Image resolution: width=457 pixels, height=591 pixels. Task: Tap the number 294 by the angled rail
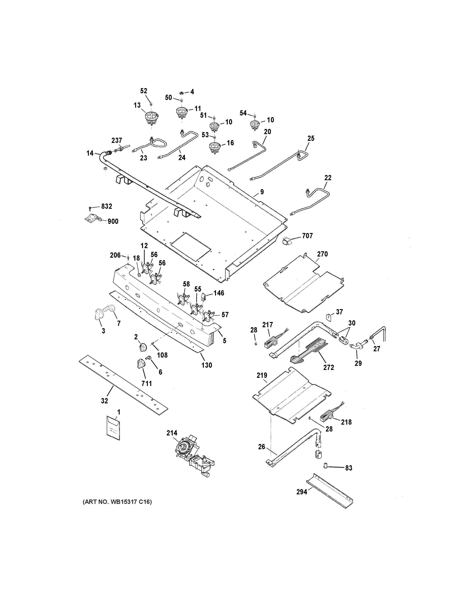(x=302, y=492)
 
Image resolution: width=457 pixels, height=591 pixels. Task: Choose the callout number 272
(x=328, y=367)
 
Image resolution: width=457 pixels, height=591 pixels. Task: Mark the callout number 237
(x=117, y=140)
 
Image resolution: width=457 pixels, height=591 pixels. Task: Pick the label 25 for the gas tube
(x=311, y=138)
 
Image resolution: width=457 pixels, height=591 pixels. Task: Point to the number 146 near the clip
(x=219, y=293)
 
